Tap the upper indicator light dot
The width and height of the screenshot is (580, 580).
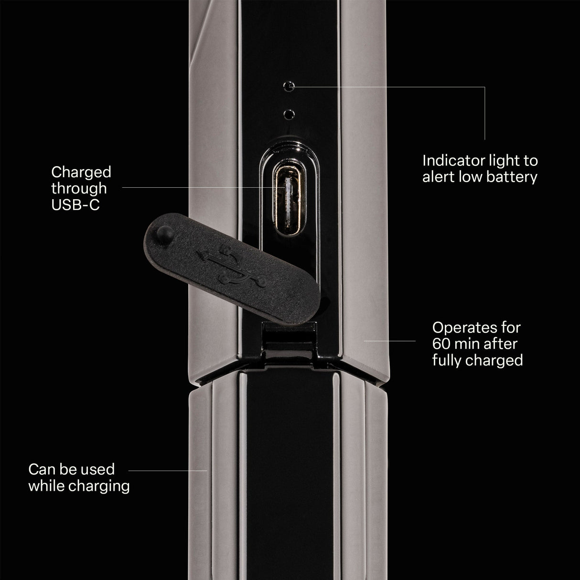[289, 86]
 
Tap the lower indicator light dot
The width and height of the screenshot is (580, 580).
[289, 114]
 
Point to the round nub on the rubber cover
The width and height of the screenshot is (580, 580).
[165, 235]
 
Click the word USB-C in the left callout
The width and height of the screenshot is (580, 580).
[75, 205]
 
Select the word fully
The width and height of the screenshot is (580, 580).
[447, 360]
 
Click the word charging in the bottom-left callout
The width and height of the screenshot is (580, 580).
[99, 486]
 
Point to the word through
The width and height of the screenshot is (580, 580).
[79, 189]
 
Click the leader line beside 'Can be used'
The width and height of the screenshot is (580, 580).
[168, 471]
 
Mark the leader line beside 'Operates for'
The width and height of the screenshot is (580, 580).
[389, 341]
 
